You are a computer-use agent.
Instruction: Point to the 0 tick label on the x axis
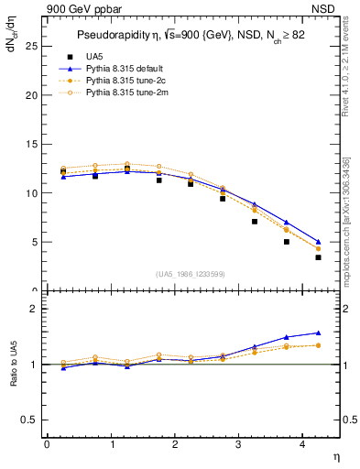(47, 443)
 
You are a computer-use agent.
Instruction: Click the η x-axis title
(334, 455)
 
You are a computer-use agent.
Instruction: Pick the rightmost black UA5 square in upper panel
(318, 257)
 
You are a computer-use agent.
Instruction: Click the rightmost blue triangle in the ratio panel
(318, 333)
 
